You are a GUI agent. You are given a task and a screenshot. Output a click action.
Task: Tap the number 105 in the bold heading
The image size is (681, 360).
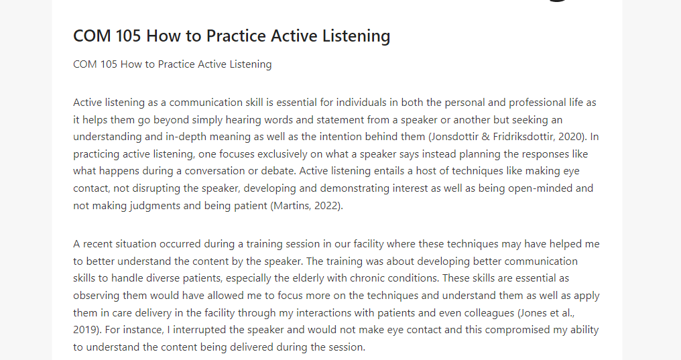(x=128, y=36)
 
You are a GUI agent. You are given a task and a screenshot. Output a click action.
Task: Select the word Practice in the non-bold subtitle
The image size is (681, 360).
(x=176, y=64)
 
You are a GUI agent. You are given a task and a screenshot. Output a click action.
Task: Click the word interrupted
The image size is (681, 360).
(x=199, y=330)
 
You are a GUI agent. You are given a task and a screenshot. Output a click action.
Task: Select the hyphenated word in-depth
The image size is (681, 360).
(x=186, y=137)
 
